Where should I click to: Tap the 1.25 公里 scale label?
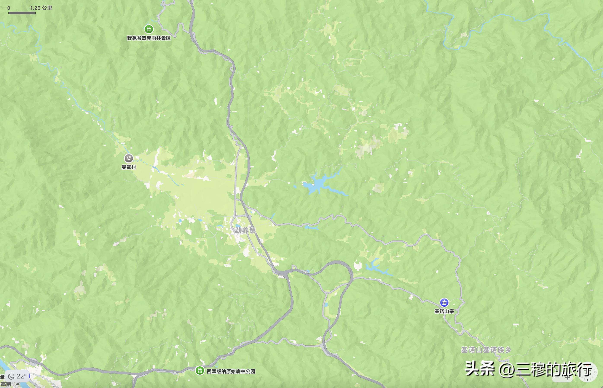point(41,8)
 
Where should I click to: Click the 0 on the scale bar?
point(9,8)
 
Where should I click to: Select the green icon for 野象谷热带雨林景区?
point(149,29)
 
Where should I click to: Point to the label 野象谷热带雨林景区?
point(149,38)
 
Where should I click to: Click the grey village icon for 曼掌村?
point(129,158)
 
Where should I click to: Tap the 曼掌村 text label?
point(129,167)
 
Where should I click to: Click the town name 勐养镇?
point(245,230)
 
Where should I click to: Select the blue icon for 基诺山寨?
point(444,302)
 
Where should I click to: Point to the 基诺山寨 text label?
point(444,311)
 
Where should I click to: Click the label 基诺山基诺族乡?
point(486,350)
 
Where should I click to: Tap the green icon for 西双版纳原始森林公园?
point(200,370)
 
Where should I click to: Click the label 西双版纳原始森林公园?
point(231,371)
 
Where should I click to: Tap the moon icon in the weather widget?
point(11,376)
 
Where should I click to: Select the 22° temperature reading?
point(22,376)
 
